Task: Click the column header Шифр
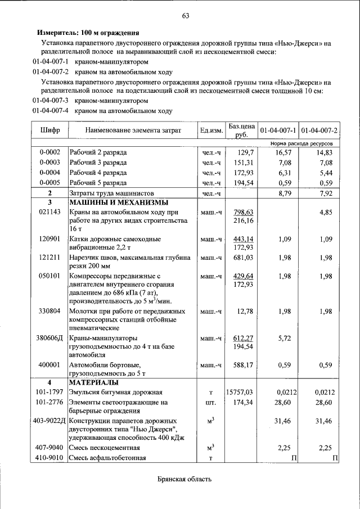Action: click(50, 130)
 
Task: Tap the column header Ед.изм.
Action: click(211, 130)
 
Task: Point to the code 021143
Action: click(50, 213)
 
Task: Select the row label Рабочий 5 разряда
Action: click(98, 183)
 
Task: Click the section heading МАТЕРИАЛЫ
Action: click(93, 382)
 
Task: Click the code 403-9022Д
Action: click(50, 421)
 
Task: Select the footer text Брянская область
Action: click(184, 480)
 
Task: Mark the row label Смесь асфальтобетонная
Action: click(107, 458)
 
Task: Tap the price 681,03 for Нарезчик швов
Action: click(244, 258)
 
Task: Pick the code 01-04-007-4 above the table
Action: click(51, 111)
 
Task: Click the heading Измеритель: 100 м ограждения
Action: click(88, 33)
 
